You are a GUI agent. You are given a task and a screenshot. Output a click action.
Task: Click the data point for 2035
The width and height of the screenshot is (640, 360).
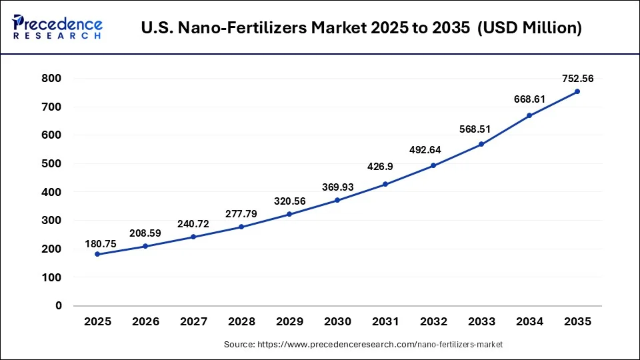(577, 91)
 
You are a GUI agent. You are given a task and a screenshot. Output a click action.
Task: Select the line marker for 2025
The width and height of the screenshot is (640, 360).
(97, 254)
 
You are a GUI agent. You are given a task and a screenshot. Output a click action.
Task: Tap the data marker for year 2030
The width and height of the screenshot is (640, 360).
(337, 200)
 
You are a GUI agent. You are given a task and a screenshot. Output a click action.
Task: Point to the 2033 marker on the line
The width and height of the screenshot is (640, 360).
(481, 144)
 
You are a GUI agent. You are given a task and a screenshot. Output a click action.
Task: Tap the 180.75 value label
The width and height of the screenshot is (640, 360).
(101, 244)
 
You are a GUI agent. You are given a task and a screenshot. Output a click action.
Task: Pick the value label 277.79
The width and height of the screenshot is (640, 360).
(241, 213)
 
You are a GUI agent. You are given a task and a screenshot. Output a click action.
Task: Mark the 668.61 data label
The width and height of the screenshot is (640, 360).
(529, 99)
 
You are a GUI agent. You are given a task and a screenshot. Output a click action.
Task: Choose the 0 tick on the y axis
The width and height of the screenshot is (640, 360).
(59, 305)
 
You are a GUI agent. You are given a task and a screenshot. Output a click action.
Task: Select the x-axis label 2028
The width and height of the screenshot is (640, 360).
(241, 322)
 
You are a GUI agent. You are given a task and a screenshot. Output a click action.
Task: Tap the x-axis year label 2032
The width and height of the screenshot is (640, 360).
(433, 322)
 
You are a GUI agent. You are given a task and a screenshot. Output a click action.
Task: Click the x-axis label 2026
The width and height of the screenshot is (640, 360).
(145, 322)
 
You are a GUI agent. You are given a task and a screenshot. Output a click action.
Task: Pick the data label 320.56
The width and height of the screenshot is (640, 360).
(289, 201)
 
